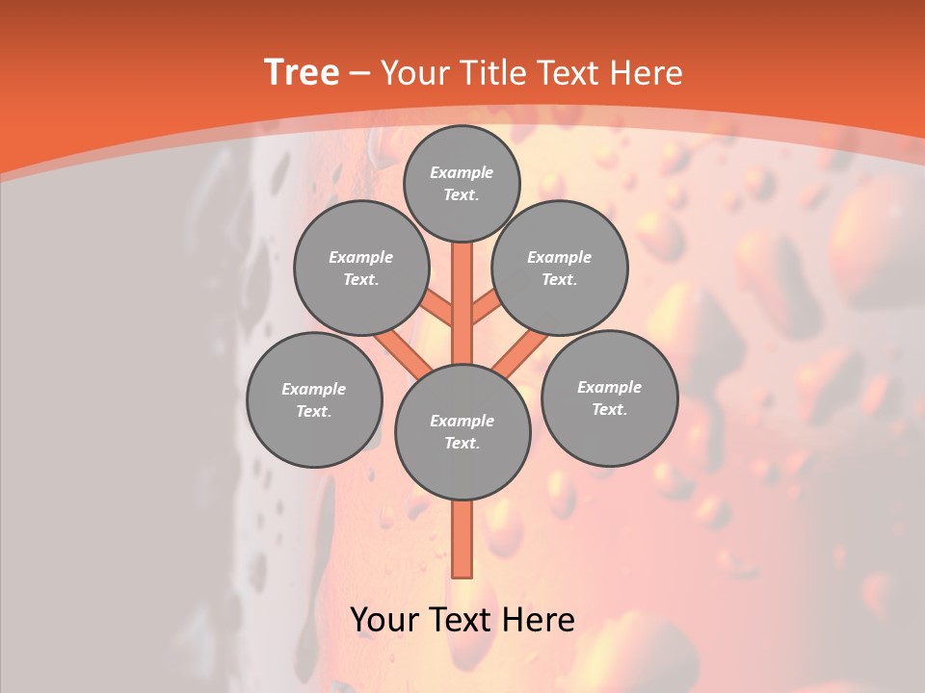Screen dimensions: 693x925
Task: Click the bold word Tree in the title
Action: coord(302,73)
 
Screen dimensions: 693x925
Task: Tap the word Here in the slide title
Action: coord(646,73)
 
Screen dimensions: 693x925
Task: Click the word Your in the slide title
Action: coord(416,73)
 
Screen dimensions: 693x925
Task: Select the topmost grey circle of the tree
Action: coord(462,183)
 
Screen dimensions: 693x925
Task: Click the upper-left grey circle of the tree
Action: coord(361,268)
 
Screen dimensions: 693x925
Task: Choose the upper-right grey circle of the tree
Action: coord(560,268)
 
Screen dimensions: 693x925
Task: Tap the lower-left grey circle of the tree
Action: coord(314,399)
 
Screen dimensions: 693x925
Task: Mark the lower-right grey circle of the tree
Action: coord(609,398)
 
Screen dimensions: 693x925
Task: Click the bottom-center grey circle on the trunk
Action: coord(462,432)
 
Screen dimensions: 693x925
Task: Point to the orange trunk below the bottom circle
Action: coord(462,539)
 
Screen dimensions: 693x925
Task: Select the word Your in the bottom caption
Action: coord(383,620)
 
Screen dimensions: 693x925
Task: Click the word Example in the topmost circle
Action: coord(462,172)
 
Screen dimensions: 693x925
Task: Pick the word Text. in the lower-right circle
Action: coord(609,409)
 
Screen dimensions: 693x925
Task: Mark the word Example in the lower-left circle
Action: coord(314,389)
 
